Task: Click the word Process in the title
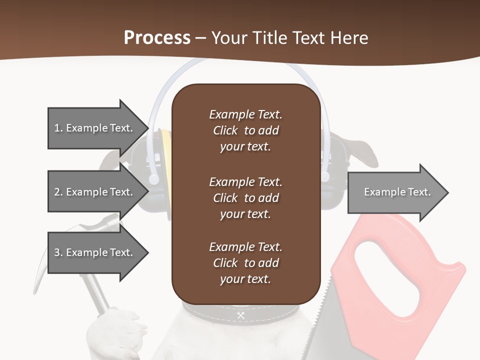[x=157, y=38]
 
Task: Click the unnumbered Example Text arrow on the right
[x=397, y=192]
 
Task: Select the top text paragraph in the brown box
[x=245, y=130]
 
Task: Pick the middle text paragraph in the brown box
[x=245, y=197]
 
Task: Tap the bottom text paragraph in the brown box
[x=245, y=262]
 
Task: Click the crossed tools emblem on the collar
[x=240, y=315]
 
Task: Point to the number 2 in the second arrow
[x=57, y=192]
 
